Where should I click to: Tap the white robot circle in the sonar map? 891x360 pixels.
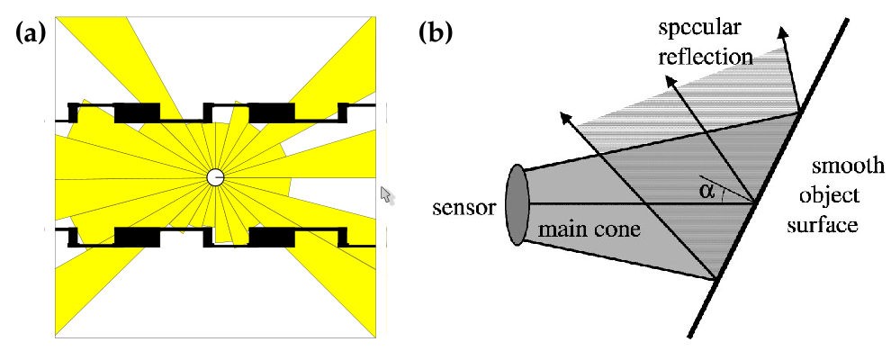click(215, 176)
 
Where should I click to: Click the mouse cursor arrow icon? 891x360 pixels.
click(387, 194)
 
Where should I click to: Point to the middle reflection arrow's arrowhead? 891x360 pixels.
click(669, 80)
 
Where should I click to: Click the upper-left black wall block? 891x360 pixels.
click(137, 112)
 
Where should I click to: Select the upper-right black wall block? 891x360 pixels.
click(272, 112)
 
